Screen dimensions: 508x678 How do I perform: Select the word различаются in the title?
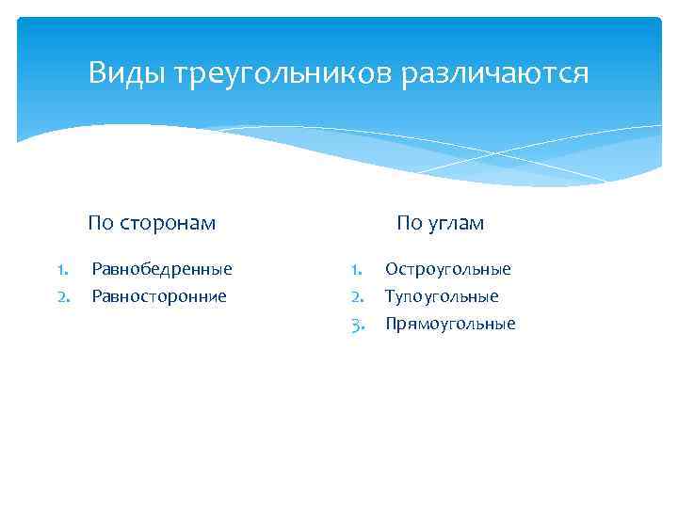point(496,73)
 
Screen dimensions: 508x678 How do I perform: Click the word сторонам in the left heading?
point(166,223)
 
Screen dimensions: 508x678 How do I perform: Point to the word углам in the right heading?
point(455,223)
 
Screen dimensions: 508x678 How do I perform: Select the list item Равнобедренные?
point(161,270)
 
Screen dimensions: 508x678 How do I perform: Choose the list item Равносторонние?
point(158,297)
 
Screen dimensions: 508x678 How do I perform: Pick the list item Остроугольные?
point(447,270)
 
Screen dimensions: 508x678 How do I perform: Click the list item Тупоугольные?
point(442,297)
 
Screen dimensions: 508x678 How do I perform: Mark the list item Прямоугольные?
point(450,325)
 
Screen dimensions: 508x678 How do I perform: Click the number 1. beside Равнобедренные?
point(63,270)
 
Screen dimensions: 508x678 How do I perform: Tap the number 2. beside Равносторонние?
point(63,297)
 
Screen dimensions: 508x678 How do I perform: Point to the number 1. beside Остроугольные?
point(357,270)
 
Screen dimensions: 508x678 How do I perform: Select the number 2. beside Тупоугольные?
point(357,297)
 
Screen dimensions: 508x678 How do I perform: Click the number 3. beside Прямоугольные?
point(357,325)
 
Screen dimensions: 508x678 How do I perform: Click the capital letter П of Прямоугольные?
point(391,325)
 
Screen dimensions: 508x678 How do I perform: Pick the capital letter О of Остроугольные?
point(391,270)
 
